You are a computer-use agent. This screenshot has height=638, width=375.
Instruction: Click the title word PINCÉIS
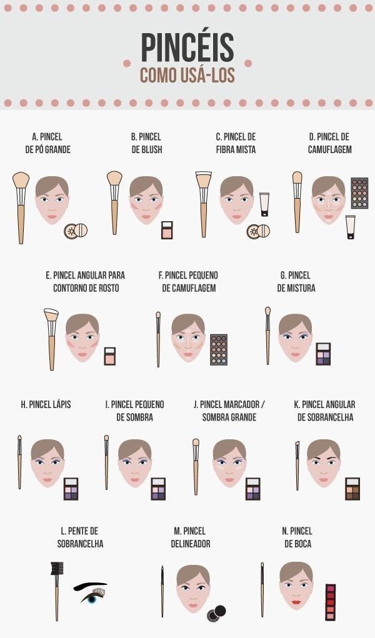point(187,47)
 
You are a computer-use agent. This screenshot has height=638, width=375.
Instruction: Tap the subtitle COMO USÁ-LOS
point(187,75)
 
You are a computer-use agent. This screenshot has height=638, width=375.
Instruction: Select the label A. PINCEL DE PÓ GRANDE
point(47,143)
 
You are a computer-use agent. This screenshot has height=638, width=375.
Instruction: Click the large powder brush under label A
point(21,207)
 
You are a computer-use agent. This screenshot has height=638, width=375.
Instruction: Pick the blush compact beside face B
point(167,230)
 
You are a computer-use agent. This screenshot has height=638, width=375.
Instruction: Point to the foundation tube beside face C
point(264,204)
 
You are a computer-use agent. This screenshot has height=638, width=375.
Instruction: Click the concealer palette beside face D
point(359,193)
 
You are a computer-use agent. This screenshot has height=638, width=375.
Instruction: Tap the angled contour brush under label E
point(51,339)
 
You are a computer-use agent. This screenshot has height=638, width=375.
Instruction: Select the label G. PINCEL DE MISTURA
point(296,282)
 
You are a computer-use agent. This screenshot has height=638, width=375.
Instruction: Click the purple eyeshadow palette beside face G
point(323,354)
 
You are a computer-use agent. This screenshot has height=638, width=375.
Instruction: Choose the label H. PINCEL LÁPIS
point(46,404)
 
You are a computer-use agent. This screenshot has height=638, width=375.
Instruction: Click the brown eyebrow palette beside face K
point(352,489)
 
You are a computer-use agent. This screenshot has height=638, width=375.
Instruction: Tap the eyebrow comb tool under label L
point(57,591)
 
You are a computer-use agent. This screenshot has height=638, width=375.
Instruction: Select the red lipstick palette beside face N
point(330,602)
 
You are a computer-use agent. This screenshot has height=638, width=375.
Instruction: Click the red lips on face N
point(296,602)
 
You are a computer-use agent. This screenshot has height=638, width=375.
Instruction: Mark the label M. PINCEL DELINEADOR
point(190,537)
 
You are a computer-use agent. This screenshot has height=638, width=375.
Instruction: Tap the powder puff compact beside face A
point(76,231)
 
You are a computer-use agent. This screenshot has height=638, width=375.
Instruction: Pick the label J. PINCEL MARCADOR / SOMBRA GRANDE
point(229,411)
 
